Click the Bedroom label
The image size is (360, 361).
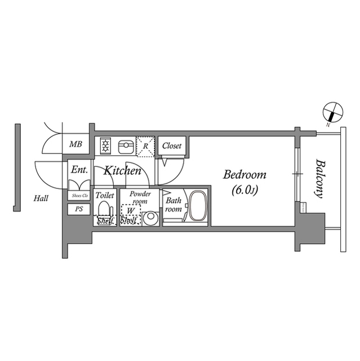click(x=245, y=175)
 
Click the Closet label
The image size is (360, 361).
click(x=172, y=146)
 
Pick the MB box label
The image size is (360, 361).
click(x=75, y=145)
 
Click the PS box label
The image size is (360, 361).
click(x=78, y=209)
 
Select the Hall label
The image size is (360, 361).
click(x=41, y=198)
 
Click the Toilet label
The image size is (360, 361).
click(x=105, y=195)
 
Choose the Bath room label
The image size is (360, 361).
click(x=172, y=204)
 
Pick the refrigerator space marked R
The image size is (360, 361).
click(x=145, y=147)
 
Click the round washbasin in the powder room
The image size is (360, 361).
click(x=150, y=217)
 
